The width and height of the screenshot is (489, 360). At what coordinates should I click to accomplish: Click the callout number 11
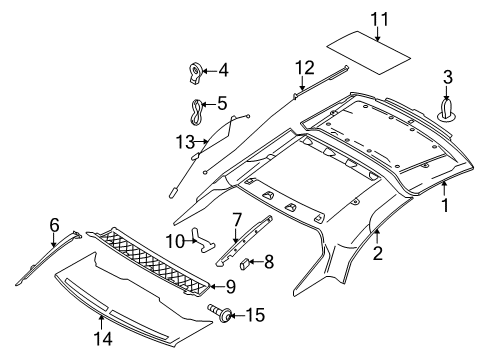(379, 18)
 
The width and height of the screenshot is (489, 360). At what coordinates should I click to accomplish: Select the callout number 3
(449, 77)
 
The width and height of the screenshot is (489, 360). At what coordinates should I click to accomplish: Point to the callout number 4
(222, 70)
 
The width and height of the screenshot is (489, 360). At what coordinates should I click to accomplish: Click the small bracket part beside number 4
(196, 70)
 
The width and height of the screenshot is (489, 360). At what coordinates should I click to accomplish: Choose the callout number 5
(222, 101)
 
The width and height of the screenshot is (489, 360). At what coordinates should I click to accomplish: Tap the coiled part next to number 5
(194, 104)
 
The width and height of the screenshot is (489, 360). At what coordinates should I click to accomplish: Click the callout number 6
(55, 225)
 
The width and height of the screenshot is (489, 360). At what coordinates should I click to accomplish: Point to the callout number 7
(237, 220)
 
